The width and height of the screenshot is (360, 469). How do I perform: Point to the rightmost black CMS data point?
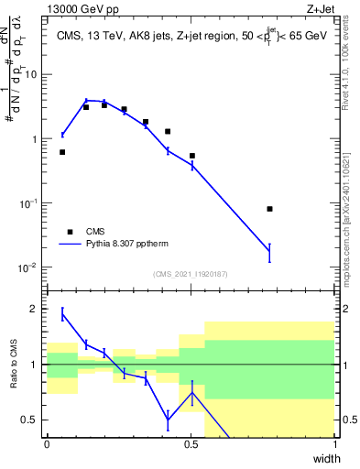269,209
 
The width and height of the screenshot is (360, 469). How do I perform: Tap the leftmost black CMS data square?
62,152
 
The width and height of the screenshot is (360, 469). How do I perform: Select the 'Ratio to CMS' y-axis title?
13,366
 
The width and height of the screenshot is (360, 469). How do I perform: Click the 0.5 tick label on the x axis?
191,444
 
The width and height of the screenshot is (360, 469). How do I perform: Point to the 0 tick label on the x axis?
47,444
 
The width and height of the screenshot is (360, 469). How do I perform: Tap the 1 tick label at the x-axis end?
334,444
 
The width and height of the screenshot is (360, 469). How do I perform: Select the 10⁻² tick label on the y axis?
27,268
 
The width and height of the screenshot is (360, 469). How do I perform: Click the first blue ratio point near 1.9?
62,314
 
